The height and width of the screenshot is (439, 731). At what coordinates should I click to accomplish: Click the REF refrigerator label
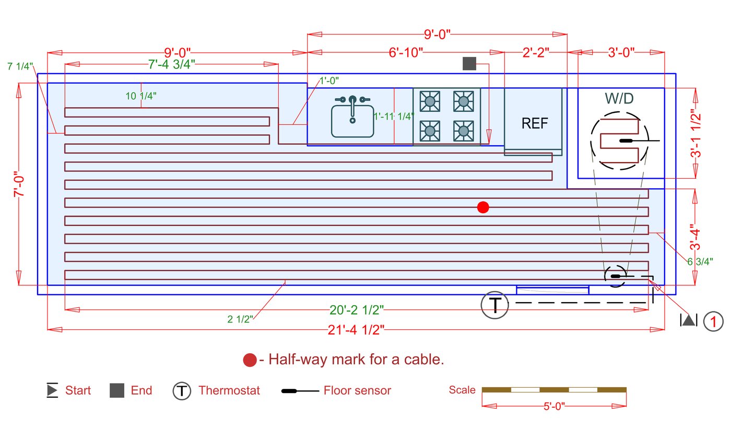[535, 123]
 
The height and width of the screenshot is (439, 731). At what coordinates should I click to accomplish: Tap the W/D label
[619, 98]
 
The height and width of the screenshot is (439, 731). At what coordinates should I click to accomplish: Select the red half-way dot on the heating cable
[483, 207]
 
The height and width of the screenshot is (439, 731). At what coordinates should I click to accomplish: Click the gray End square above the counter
[469, 63]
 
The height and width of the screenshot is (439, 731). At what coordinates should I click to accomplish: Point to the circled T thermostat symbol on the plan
[495, 305]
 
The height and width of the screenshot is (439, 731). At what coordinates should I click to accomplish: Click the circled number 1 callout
[713, 321]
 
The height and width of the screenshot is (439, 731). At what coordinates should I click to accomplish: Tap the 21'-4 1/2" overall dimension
[356, 330]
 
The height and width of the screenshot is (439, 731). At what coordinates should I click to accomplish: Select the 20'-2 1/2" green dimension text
[357, 310]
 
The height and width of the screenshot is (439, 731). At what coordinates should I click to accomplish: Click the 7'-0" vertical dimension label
[19, 184]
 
